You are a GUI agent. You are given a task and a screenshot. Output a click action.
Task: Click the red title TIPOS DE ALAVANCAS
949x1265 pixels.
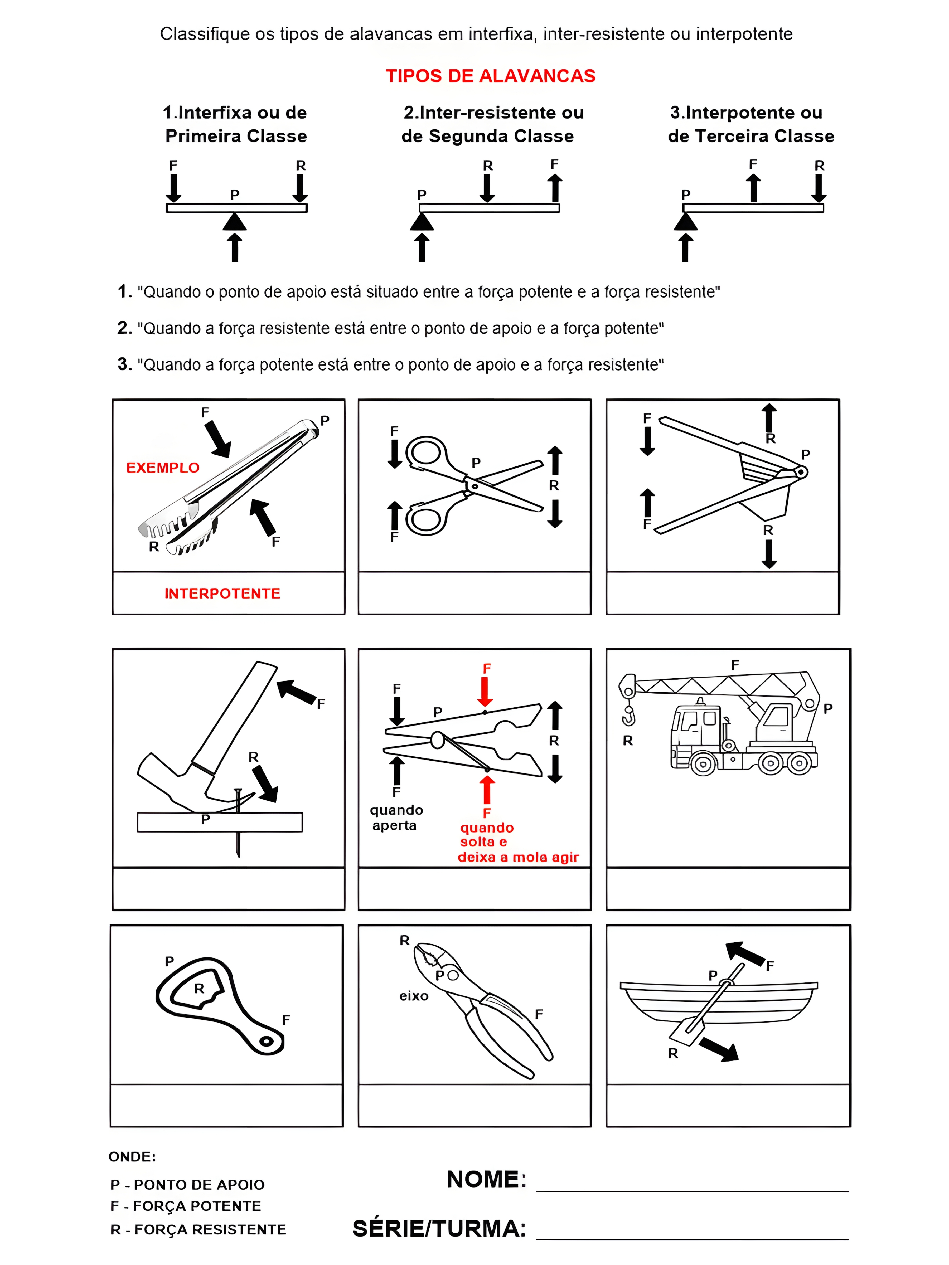pyautogui.click(x=490, y=76)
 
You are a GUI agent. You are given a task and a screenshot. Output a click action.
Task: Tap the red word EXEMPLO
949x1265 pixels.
pyautogui.click(x=162, y=468)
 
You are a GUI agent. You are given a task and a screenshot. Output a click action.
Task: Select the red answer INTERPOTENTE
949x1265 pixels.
pyautogui.click(x=222, y=593)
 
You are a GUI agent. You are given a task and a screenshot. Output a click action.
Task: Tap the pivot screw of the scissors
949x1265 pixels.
pyautogui.click(x=474, y=486)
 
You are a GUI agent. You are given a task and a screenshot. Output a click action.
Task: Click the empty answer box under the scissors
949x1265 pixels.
pyautogui.click(x=474, y=593)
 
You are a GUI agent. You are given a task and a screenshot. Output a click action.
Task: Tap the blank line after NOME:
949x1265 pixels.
pyautogui.click(x=692, y=1183)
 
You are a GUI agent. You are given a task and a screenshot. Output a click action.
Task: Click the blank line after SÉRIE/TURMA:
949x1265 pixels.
pyautogui.click(x=692, y=1231)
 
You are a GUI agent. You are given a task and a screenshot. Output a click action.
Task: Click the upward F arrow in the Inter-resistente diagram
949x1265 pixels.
pyautogui.click(x=554, y=188)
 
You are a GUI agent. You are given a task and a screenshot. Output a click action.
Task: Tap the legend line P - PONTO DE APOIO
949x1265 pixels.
pyautogui.click(x=187, y=1184)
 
